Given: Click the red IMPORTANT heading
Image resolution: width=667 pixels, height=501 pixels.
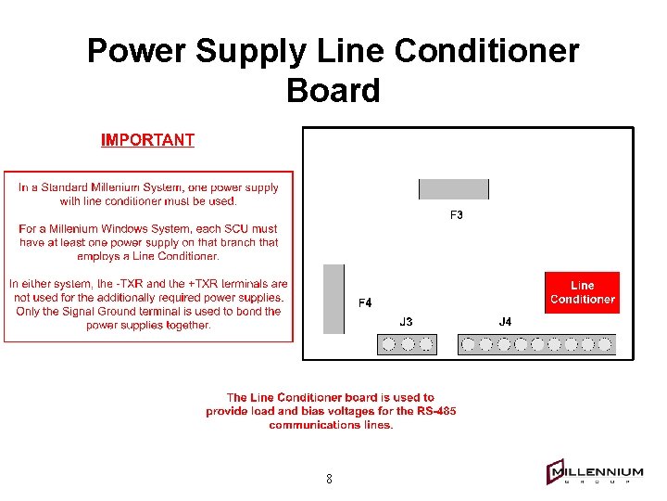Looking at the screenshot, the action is pos(147,140).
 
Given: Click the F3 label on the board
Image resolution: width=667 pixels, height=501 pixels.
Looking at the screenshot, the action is pos(457,215).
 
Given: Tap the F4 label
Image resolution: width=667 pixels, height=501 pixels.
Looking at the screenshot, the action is pos(365,302).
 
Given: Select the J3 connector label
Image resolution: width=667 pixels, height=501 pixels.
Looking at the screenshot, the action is pos(406,322).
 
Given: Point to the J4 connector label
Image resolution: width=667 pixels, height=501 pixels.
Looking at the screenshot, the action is pos(505,322).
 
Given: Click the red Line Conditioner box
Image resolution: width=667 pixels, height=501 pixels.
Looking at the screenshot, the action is pos(582,292).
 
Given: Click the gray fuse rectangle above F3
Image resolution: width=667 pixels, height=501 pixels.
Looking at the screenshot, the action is pos(454,189).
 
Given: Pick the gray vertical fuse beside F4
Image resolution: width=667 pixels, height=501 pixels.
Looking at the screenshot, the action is pos(333,299).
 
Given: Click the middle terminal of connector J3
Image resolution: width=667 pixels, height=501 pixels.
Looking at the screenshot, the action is pos(407,344).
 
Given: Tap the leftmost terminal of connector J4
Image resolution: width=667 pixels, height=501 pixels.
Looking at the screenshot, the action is pos(470,344).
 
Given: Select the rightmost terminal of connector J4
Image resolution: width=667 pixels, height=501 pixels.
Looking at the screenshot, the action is pos(605,344).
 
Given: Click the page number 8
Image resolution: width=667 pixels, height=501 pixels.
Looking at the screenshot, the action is pos(329,480).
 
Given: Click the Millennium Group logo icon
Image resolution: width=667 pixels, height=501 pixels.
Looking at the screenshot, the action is pos(556,473).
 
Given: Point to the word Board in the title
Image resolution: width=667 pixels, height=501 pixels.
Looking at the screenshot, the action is pos(333,91).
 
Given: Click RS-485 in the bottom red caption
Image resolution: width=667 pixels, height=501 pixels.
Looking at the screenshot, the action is pos(435,411).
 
